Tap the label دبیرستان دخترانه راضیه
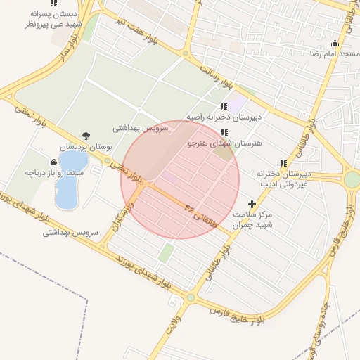(x=224, y=117)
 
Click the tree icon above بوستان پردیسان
(x=86, y=136)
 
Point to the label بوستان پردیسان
(x=86, y=147)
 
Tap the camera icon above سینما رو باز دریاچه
(x=54, y=161)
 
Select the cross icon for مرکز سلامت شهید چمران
(x=252, y=204)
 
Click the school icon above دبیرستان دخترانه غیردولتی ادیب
(x=283, y=163)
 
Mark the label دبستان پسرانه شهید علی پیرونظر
(x=53, y=18)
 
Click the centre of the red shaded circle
(x=180, y=180)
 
